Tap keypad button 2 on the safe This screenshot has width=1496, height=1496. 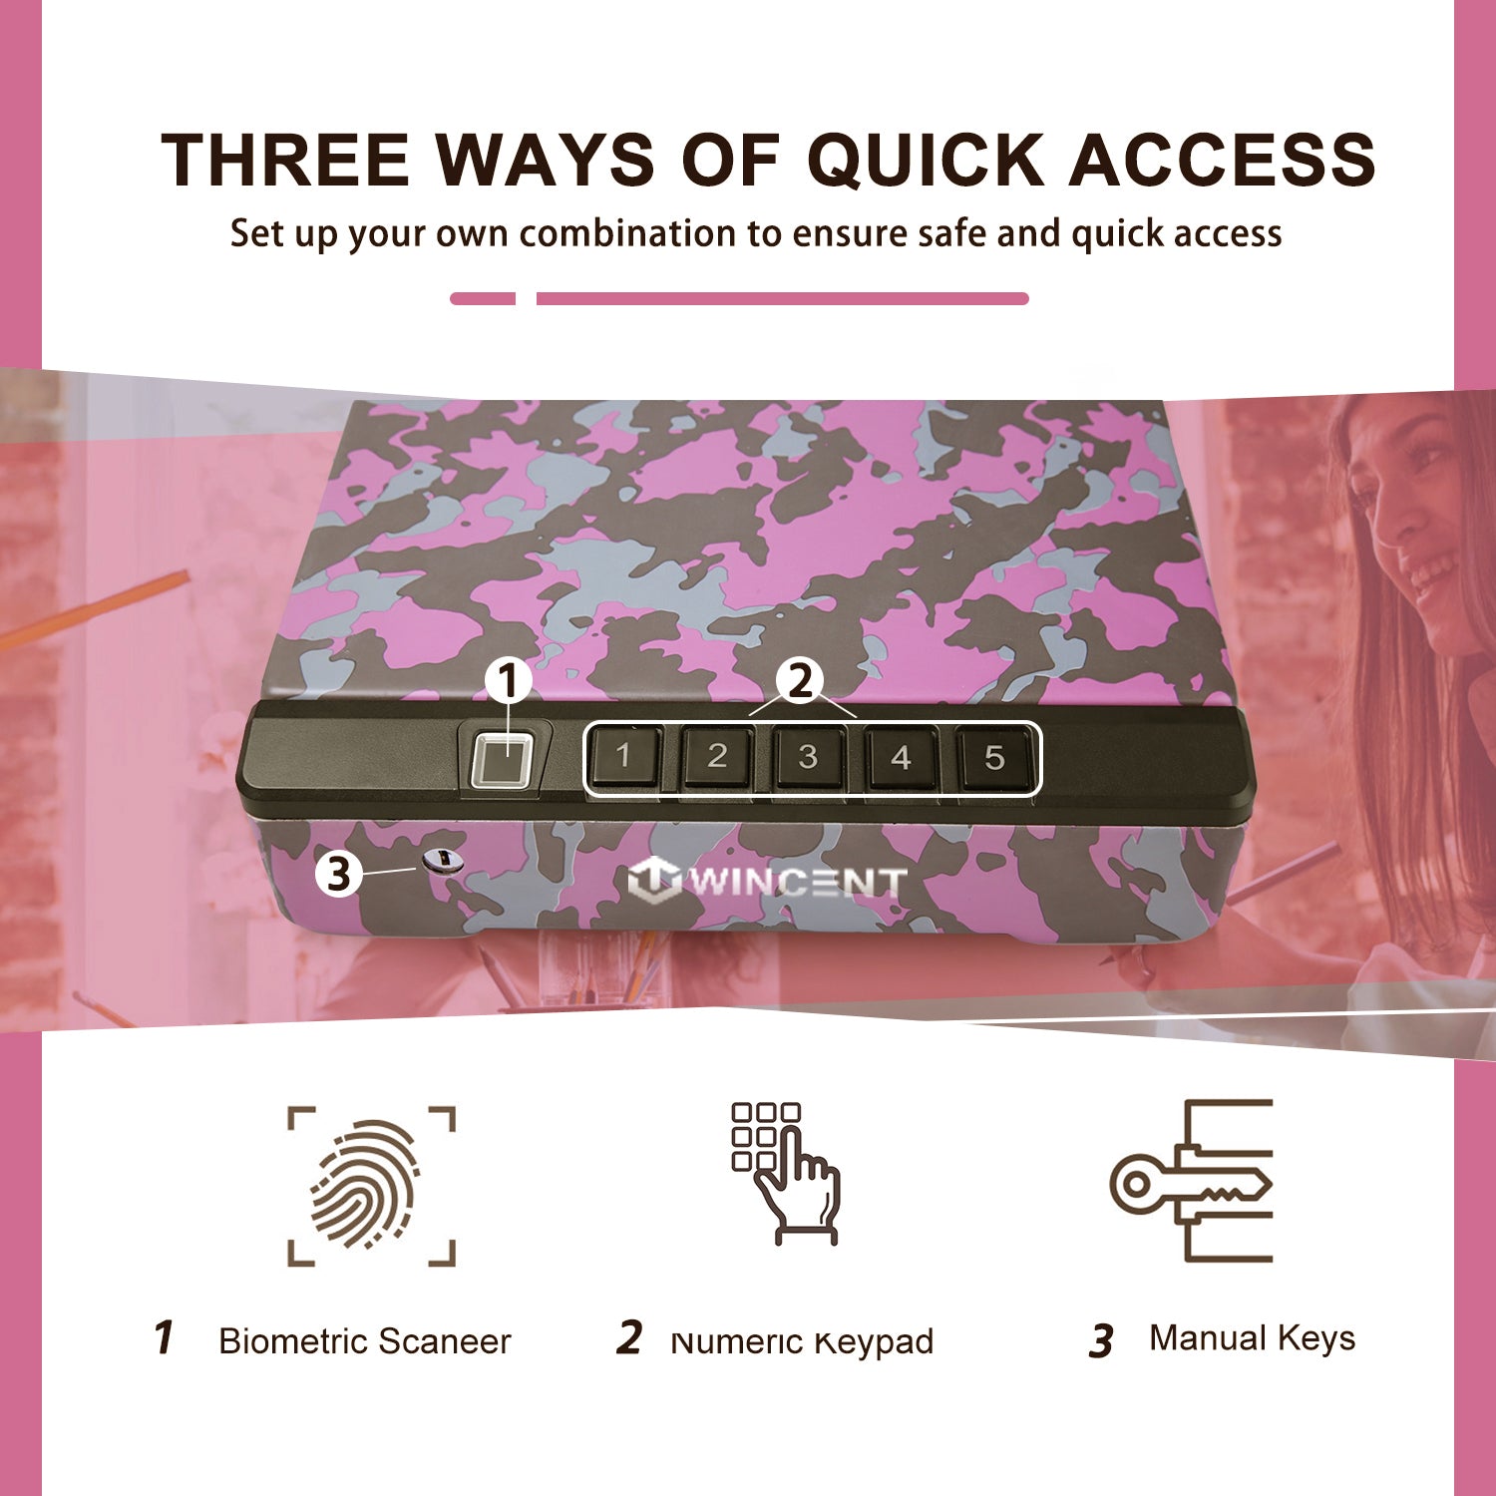pyautogui.click(x=717, y=757)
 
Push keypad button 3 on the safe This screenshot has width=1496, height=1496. pyautogui.click(x=808, y=757)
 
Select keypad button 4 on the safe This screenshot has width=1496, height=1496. pyautogui.click(x=901, y=758)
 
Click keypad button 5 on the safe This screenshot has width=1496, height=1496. pyautogui.click(x=993, y=758)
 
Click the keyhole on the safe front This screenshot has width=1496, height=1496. pyautogui.click(x=442, y=861)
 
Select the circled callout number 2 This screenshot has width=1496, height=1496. pyautogui.click(x=801, y=682)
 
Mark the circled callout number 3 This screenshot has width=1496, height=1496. pyautogui.click(x=339, y=874)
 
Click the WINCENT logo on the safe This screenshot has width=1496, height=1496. pyautogui.click(x=767, y=881)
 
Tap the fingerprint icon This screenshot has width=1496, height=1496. pyautogui.click(x=371, y=1186)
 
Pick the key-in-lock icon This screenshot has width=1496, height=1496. pyautogui.click(x=1192, y=1181)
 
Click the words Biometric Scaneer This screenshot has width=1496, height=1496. pyautogui.click(x=364, y=1341)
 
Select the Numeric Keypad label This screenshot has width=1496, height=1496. pyautogui.click(x=802, y=1342)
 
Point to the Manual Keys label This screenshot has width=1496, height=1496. pyautogui.click(x=1253, y=1338)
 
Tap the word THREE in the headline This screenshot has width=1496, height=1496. pyautogui.click(x=285, y=160)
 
